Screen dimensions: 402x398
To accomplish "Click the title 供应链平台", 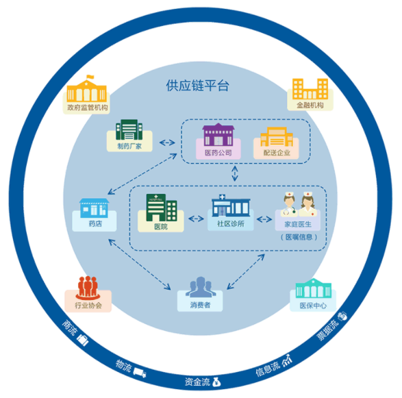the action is pyautogui.click(x=197, y=86).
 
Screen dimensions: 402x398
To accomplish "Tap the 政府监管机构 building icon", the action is pyautogui.click(x=87, y=88).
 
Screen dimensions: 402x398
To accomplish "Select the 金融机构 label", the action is pyautogui.click(x=310, y=105).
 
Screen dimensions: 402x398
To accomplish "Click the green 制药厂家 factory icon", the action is pyautogui.click(x=129, y=129).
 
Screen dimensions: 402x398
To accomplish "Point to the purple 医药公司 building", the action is pyautogui.click(x=218, y=135).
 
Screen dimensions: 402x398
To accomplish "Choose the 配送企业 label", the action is pyautogui.click(x=277, y=153).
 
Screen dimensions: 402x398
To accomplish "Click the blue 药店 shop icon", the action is pyautogui.click(x=94, y=208).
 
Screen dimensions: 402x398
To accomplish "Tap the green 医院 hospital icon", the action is pyautogui.click(x=162, y=208).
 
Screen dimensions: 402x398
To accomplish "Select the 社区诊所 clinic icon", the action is pyautogui.click(x=231, y=206).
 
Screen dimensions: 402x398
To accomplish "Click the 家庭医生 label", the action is pyautogui.click(x=298, y=225).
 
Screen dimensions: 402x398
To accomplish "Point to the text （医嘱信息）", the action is pyautogui.click(x=299, y=237).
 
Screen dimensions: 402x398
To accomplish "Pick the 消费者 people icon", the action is pyautogui.click(x=201, y=287).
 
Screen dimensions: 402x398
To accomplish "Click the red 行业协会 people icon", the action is pyautogui.click(x=88, y=288).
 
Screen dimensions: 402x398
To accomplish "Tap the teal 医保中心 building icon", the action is pyautogui.click(x=313, y=288).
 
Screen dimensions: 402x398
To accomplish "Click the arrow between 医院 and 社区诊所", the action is pyautogui.click(x=196, y=219).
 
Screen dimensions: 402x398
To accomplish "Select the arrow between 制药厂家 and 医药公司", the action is pyautogui.click(x=167, y=142).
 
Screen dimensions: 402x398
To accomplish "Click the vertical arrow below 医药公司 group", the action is pyautogui.click(x=235, y=173).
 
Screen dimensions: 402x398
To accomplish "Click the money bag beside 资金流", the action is pyautogui.click(x=216, y=382).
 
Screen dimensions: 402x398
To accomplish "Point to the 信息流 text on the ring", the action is pyautogui.click(x=268, y=369).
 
